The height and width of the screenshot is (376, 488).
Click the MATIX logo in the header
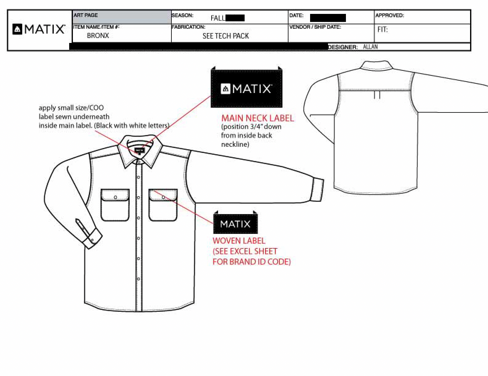point(39,29)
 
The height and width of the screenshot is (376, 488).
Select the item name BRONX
point(98,36)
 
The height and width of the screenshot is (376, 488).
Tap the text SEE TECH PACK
point(225,36)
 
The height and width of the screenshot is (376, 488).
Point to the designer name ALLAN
point(370,47)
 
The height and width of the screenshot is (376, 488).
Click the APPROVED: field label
point(389,15)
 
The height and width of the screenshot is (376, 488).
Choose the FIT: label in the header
point(382,30)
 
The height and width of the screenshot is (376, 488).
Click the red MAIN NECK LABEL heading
point(257,118)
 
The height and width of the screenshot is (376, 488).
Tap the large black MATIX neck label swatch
point(246,89)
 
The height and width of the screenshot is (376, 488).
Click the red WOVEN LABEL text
point(239,241)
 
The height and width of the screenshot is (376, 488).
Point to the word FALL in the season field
point(218,18)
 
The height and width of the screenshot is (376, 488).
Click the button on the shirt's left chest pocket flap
point(115,197)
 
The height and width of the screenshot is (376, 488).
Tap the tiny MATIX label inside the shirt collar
point(139,150)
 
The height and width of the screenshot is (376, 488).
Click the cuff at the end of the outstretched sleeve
point(318,190)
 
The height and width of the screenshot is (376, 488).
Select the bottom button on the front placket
point(138,279)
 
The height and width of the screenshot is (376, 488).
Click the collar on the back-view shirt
point(376,65)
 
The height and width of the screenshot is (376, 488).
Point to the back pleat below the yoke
point(377,95)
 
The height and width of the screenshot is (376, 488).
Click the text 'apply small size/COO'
point(71,108)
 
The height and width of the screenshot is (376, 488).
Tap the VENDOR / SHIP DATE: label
point(315,27)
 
